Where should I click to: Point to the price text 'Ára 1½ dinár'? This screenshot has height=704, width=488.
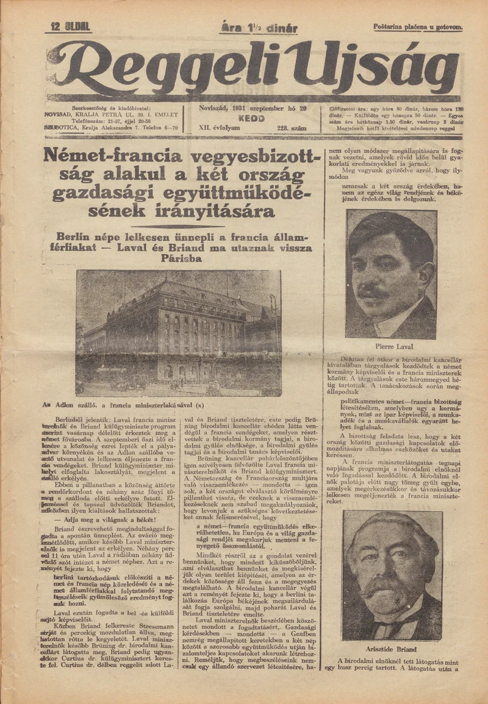259,28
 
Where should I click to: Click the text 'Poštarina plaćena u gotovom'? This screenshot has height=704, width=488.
418,27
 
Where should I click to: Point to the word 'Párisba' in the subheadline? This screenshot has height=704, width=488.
181,258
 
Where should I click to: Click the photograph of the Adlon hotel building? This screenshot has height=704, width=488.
178,332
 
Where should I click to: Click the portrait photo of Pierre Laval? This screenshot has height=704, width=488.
391,274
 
